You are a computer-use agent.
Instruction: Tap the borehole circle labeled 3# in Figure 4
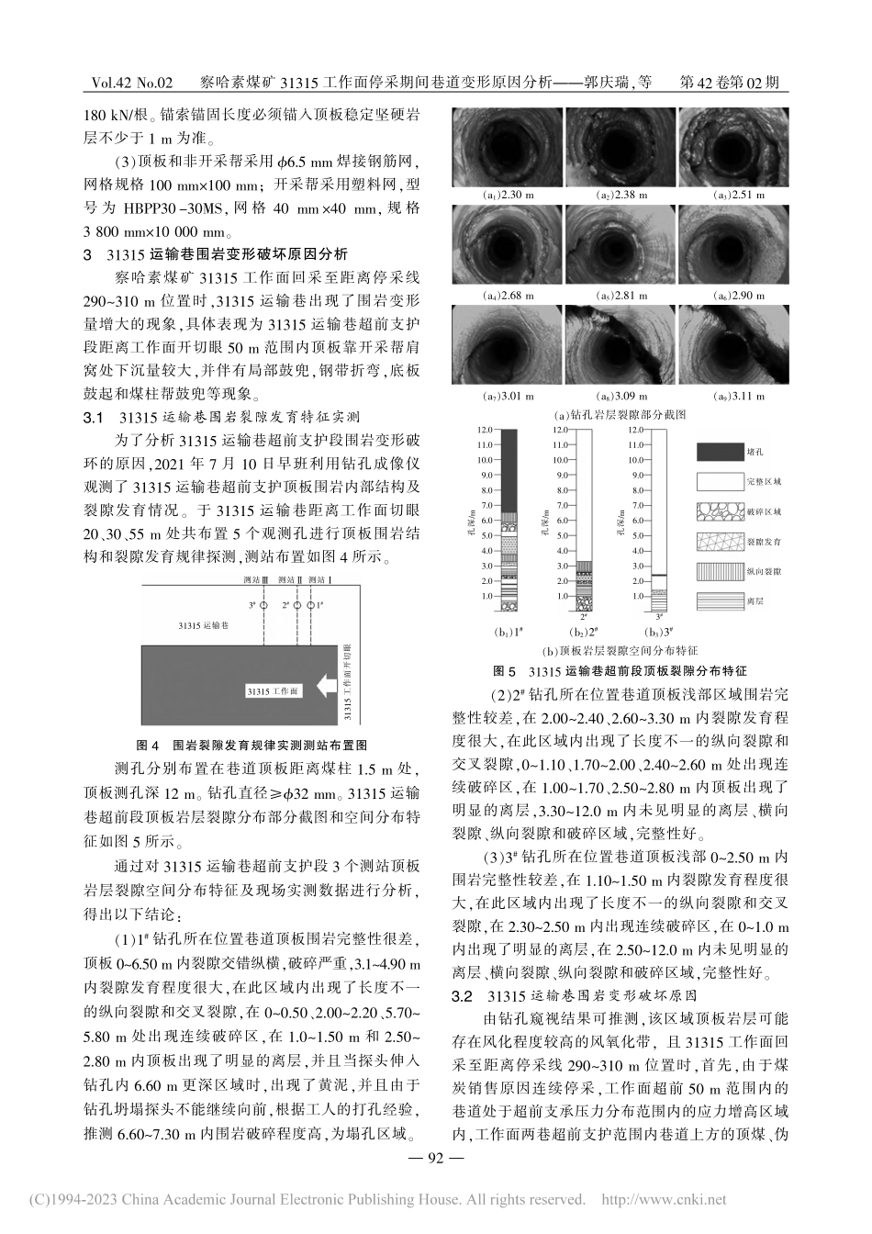click(263, 606)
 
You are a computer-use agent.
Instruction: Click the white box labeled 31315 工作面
click(273, 690)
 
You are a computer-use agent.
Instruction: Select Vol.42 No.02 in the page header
click(131, 83)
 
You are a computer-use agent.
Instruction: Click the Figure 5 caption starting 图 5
click(620, 671)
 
